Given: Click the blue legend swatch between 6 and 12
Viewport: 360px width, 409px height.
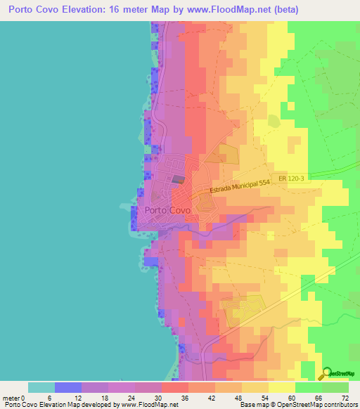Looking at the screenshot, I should tap(68, 387).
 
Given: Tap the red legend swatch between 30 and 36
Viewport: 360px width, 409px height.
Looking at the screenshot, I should tap(174, 387).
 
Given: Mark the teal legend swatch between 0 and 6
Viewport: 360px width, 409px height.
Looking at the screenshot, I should tap(41, 387).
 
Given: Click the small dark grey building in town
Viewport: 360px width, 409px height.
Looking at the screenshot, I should tap(178, 179).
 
